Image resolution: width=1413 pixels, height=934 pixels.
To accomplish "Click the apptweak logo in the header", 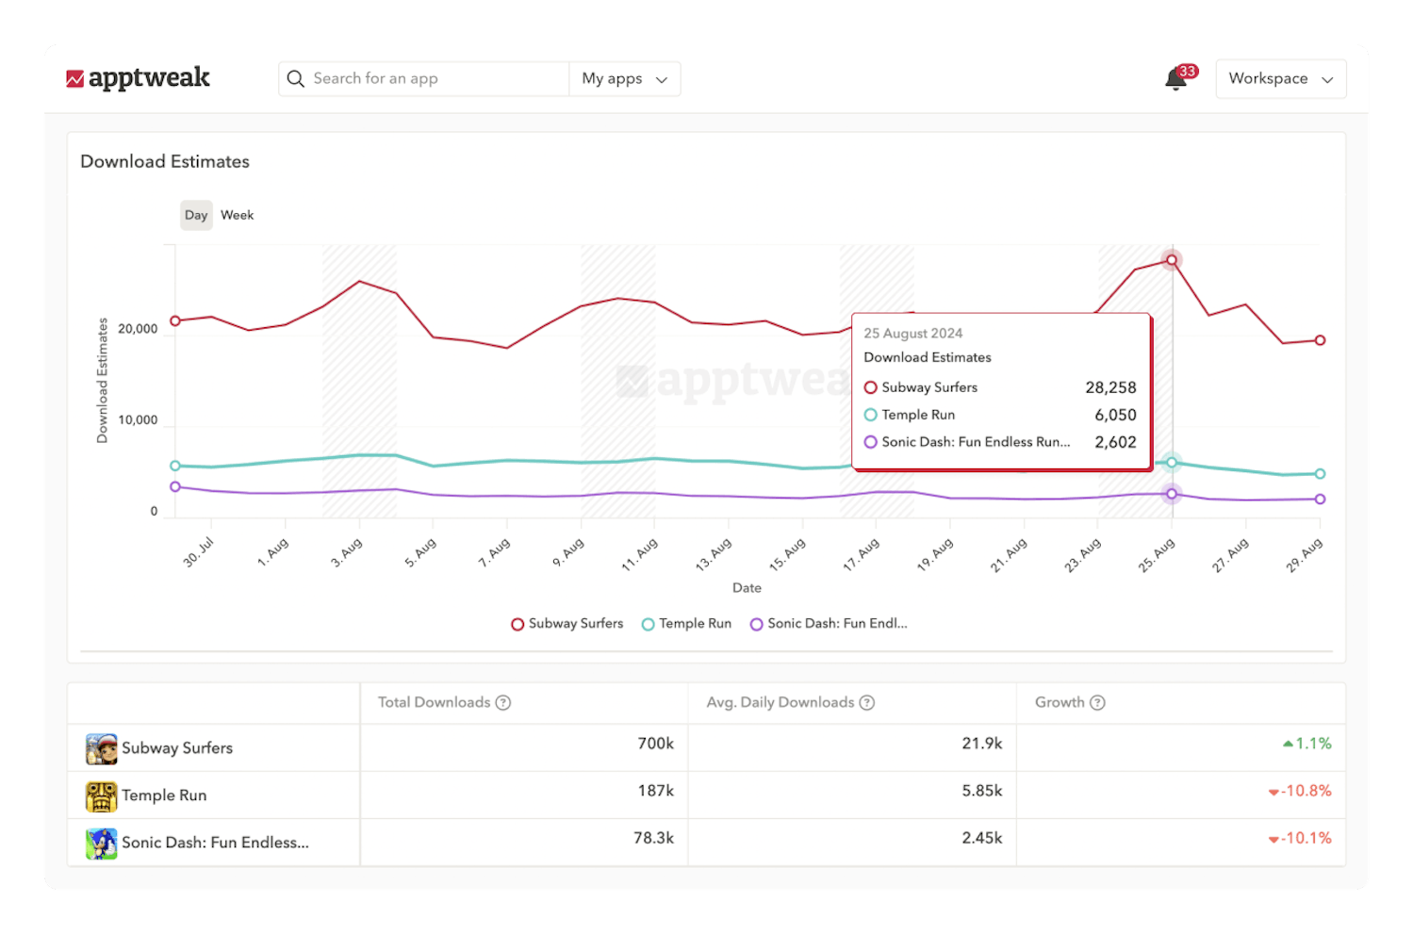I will point(138,78).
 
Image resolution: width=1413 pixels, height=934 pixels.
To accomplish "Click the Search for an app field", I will point(434,79).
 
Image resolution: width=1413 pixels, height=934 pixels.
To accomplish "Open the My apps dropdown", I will point(624,79).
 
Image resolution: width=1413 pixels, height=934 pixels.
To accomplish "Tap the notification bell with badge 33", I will point(1176,79).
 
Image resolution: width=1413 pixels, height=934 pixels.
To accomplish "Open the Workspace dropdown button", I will point(1280,79).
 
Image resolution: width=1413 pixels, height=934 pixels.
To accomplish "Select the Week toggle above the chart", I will point(237,215).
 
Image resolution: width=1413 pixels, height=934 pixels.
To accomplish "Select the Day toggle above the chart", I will point(196,215).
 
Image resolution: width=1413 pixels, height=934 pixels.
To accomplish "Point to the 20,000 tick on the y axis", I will point(138,329).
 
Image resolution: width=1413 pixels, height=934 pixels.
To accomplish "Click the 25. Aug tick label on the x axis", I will point(1156,555).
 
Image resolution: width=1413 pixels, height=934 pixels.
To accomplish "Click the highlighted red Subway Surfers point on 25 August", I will point(1172,260).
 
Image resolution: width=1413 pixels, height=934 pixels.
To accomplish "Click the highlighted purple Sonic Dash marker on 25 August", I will point(1172,494).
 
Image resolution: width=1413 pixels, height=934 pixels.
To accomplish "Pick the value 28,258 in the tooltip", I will point(1110,387).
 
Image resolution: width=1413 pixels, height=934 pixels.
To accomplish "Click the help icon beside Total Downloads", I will point(503,703).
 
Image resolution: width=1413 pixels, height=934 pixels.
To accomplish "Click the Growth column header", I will point(1060,703).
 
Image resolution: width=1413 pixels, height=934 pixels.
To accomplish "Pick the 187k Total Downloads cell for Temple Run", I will point(655,791).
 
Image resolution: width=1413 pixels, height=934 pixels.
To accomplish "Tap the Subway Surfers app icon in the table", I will point(101,749).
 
